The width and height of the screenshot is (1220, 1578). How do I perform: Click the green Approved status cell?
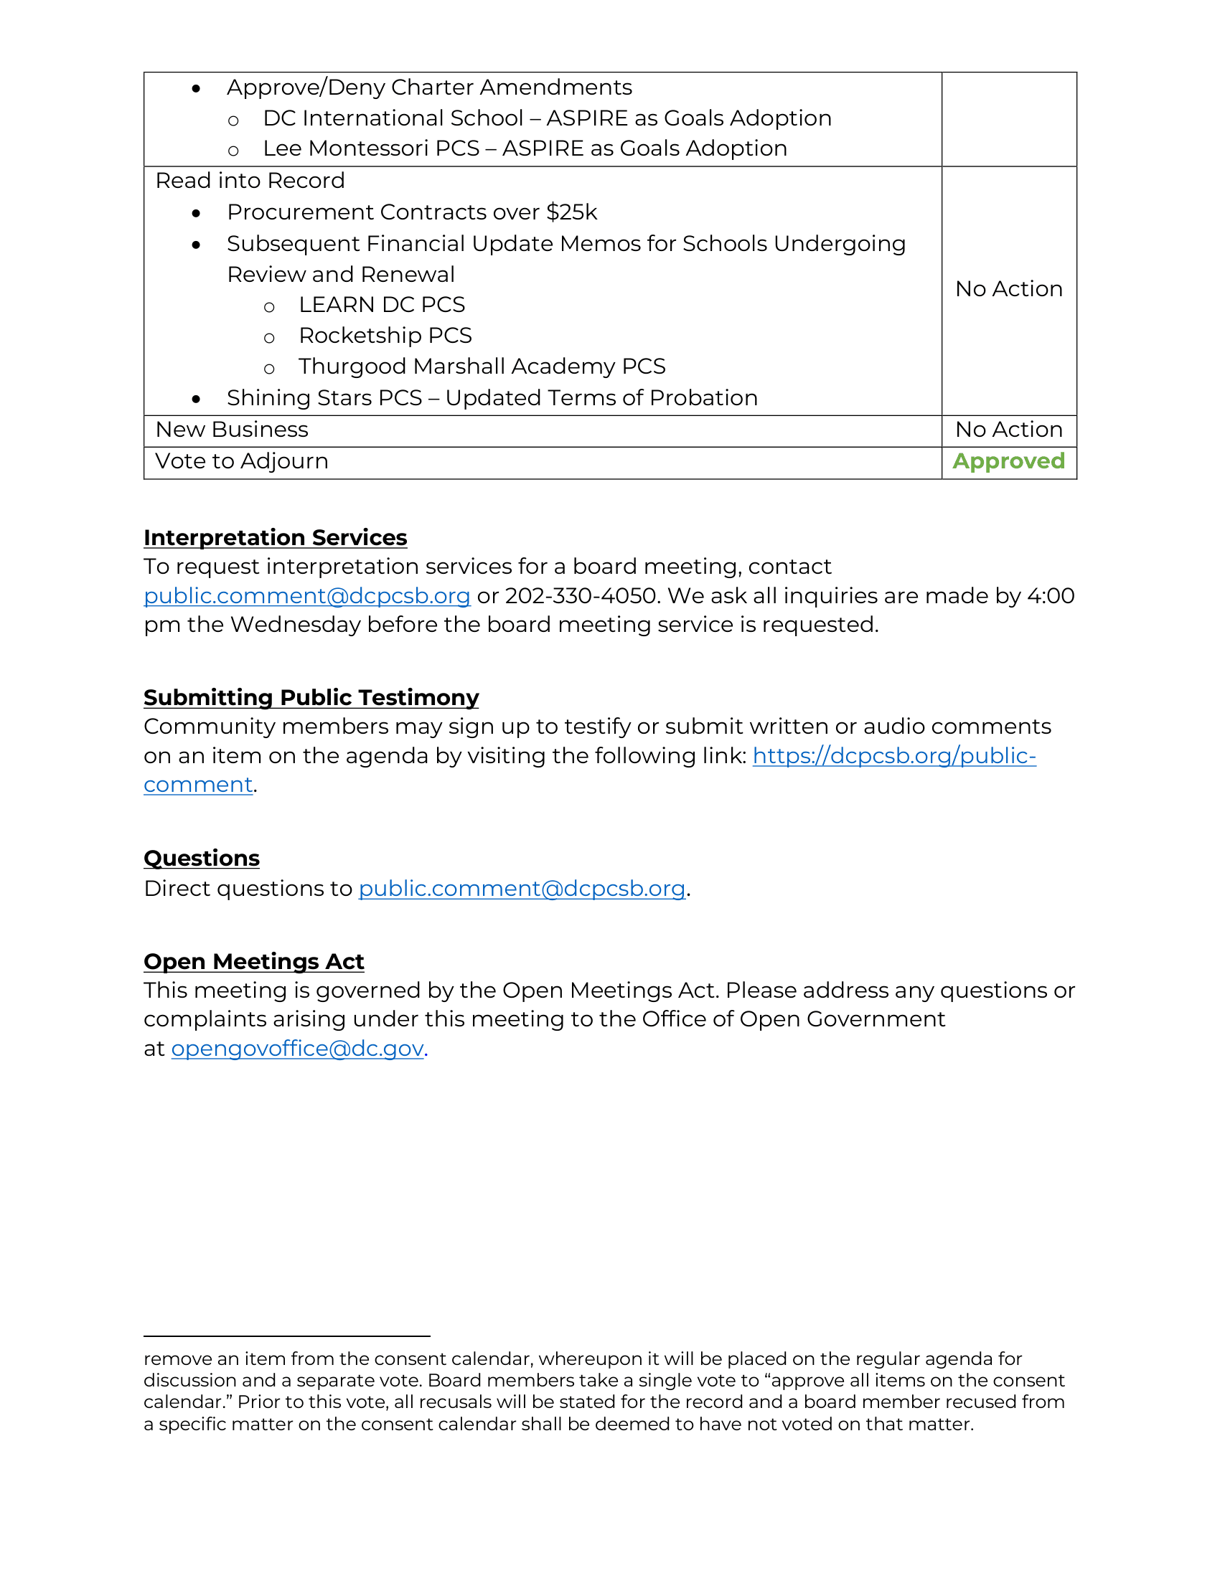point(1008,461)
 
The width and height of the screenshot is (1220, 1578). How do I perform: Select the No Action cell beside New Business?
point(1008,430)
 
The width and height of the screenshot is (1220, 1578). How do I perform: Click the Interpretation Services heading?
point(276,537)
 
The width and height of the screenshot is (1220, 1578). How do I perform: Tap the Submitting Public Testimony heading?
point(311,697)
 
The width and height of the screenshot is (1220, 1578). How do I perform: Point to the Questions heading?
point(202,858)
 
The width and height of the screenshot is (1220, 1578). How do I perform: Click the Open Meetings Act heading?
point(253,962)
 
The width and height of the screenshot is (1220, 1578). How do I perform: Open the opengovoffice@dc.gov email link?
point(297,1049)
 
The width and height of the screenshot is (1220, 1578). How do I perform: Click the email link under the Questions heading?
point(522,888)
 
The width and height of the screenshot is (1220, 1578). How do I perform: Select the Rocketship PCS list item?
point(385,336)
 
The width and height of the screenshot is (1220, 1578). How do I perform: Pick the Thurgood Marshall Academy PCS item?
point(482,367)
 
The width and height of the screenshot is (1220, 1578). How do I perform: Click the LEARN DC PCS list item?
point(382,305)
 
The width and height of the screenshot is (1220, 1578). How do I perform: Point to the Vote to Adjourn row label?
point(242,461)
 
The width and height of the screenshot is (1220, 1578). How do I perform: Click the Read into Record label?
point(250,181)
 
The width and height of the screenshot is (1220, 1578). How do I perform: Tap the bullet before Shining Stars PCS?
point(196,399)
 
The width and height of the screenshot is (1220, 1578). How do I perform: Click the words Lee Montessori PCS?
point(372,149)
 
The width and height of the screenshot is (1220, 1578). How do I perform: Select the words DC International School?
point(393,118)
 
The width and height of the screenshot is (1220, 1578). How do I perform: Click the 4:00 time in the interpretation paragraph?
point(1051,596)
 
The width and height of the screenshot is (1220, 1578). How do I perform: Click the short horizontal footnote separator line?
point(287,1336)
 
